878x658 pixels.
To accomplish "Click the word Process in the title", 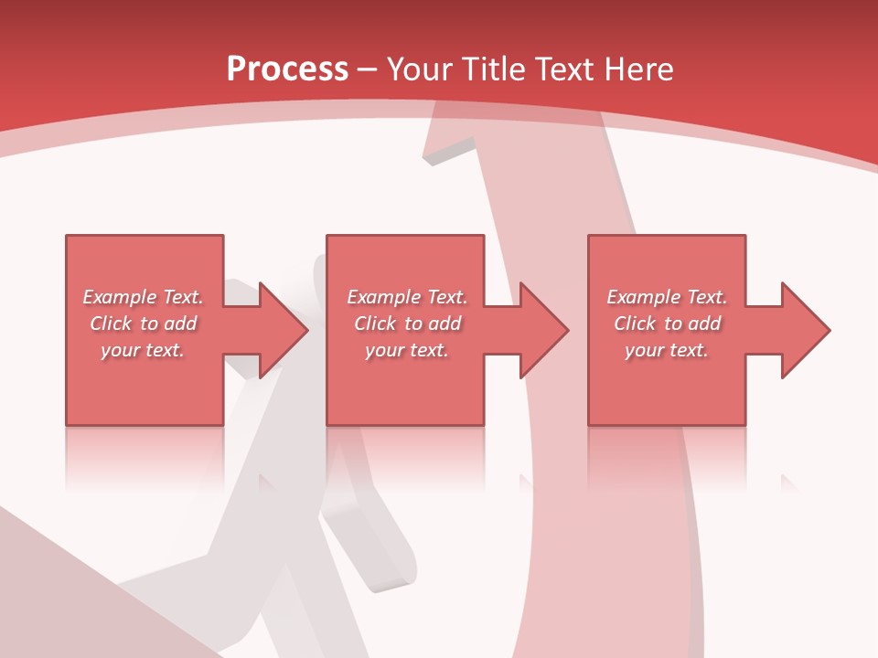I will click(287, 69).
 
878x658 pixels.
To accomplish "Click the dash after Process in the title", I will click(368, 69).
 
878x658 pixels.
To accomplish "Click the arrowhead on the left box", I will click(284, 330).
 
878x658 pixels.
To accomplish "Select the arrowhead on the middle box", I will click(544, 330).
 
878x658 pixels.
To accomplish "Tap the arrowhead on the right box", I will click(805, 330).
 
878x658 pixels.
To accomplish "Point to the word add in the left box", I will click(181, 324).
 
